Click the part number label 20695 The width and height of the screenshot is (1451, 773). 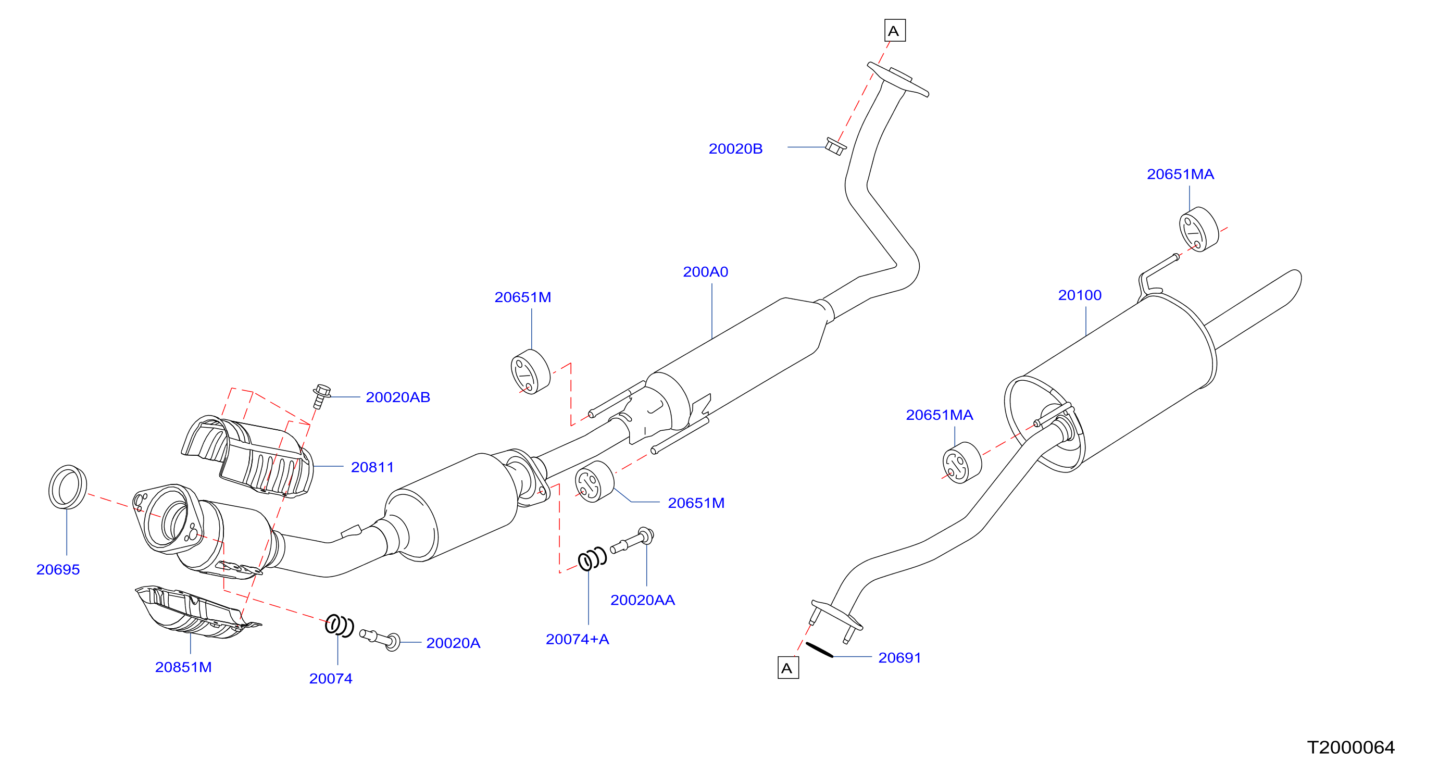click(x=58, y=570)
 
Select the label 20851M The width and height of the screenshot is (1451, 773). click(x=184, y=667)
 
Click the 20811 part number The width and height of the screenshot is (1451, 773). click(x=372, y=467)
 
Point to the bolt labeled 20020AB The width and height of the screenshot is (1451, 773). click(x=321, y=396)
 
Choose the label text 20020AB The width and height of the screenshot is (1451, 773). click(x=398, y=397)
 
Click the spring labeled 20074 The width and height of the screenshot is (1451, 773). click(x=339, y=626)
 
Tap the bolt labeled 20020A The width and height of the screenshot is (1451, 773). click(x=380, y=639)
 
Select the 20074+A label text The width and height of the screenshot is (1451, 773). click(x=578, y=640)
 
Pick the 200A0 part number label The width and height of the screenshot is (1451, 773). click(x=706, y=272)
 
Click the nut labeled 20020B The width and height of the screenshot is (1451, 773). click(x=835, y=146)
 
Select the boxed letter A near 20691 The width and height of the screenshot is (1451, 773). click(x=788, y=668)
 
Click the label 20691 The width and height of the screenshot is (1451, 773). click(x=899, y=657)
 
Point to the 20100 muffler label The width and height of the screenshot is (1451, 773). click(x=1080, y=295)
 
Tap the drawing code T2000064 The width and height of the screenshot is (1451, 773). click(x=1350, y=747)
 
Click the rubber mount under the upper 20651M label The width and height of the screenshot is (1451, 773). click(x=531, y=372)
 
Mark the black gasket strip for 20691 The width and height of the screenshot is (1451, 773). click(x=820, y=650)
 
